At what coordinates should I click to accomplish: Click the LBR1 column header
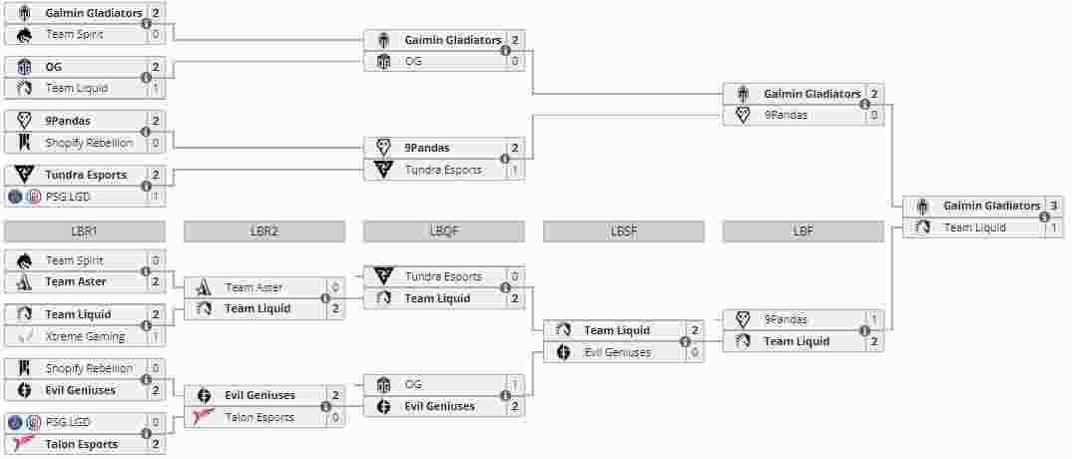point(85,231)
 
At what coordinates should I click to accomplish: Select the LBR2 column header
point(265,231)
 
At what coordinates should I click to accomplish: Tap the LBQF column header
point(444,231)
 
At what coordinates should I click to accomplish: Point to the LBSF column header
point(624,231)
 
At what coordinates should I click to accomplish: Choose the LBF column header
point(804,231)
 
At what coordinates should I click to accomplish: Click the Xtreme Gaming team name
point(85,336)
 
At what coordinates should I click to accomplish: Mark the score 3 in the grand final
point(1054,206)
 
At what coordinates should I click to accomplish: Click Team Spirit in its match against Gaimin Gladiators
point(74,34)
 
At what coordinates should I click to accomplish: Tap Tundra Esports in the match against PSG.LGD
point(86,175)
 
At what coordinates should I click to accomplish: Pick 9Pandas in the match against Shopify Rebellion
point(68,121)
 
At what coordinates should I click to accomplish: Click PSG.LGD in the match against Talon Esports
point(68,422)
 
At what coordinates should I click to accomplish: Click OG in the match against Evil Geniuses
point(413,384)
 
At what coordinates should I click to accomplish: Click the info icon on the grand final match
point(1044,217)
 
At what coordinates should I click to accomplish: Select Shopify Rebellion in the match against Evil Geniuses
point(89,368)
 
